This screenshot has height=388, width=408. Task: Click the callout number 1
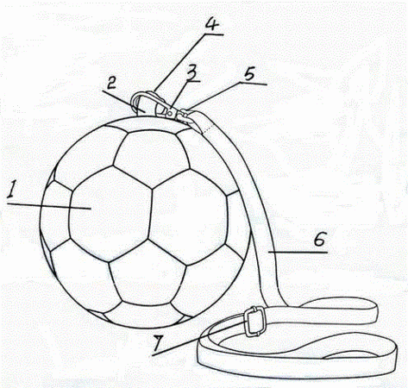(x=11, y=189)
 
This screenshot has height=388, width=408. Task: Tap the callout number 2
(x=111, y=84)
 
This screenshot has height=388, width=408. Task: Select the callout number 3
(x=192, y=72)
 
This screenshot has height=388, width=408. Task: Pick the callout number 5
(x=249, y=74)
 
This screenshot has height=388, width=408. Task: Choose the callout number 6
(x=320, y=239)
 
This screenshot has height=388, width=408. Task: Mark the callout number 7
(x=160, y=344)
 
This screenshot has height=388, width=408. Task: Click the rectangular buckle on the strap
(x=254, y=321)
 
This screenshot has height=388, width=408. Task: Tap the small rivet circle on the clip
(x=170, y=114)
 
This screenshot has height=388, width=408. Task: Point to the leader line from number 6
(x=298, y=252)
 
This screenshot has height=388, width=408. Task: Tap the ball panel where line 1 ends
(x=110, y=214)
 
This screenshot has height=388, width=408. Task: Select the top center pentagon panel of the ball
(x=152, y=158)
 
